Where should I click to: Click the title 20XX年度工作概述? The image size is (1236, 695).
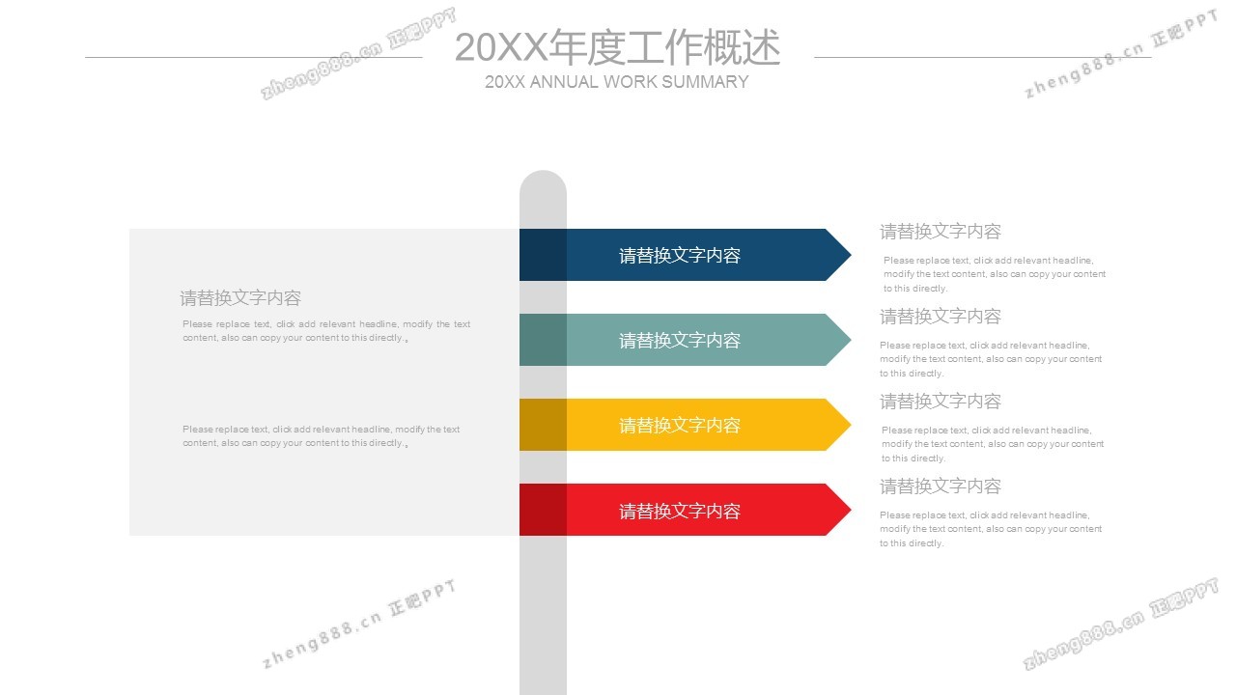click(617, 47)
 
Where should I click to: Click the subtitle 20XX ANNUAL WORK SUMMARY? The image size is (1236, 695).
click(616, 82)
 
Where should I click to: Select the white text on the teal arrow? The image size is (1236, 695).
click(680, 340)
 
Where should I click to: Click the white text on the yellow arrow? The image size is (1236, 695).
click(680, 425)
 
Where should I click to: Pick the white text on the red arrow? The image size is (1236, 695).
click(680, 511)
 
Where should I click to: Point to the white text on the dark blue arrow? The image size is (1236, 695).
click(680, 256)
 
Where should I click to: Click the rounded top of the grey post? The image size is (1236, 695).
click(543, 181)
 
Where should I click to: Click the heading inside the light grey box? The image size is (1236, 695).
click(240, 298)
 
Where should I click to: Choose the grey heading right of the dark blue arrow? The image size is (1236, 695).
click(941, 232)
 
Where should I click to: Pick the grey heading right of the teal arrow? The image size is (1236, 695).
click(941, 317)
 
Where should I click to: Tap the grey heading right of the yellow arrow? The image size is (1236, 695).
click(941, 402)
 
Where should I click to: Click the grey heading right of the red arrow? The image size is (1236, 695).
click(941, 486)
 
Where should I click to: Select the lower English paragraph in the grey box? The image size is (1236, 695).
click(322, 436)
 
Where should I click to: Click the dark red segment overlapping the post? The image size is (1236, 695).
click(543, 510)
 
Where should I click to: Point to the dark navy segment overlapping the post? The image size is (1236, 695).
click(543, 255)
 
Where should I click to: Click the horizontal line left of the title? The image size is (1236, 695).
click(253, 57)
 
